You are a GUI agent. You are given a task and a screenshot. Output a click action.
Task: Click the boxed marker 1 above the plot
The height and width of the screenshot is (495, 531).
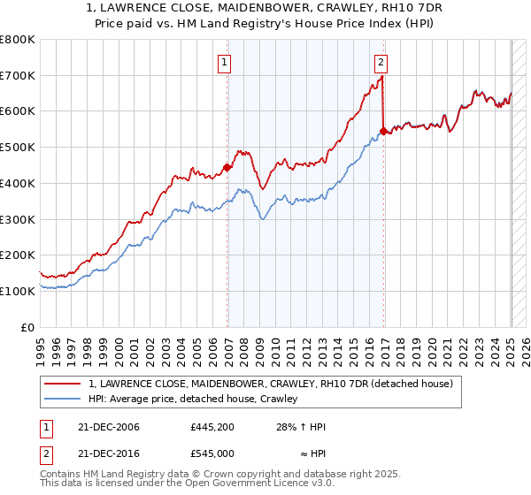tap(226, 62)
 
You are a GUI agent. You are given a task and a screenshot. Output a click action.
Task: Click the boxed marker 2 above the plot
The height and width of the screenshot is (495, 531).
tap(381, 62)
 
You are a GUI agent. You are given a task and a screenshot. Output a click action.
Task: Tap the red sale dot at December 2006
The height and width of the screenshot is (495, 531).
tap(227, 167)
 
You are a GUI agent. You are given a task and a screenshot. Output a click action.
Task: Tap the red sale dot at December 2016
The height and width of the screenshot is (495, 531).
tap(383, 131)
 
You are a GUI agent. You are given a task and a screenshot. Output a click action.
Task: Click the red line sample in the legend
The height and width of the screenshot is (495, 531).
tap(64, 384)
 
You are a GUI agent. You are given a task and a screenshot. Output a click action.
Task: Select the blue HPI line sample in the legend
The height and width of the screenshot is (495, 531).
tap(64, 400)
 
